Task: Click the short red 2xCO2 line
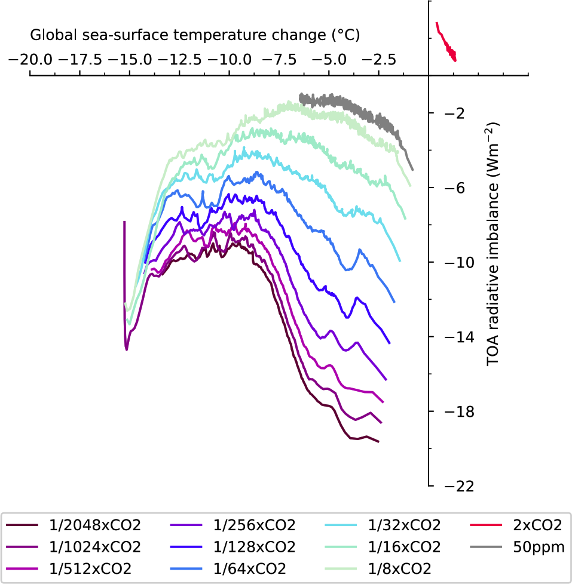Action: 446,42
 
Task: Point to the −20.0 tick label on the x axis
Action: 30,60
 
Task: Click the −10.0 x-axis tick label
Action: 229,60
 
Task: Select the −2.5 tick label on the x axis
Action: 378,60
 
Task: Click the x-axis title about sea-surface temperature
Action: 195,35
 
